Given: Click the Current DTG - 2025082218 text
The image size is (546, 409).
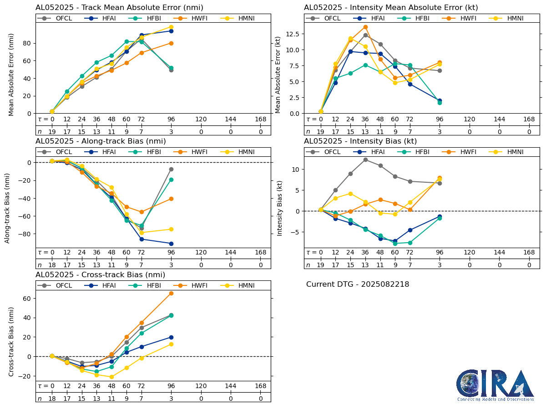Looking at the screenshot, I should pyautogui.click(x=358, y=284).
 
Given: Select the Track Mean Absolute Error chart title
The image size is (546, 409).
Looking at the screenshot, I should pyautogui.click(x=119, y=8).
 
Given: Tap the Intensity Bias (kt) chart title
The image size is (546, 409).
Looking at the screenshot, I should pyautogui.click(x=360, y=141).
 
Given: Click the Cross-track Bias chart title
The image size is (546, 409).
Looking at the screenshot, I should pyautogui.click(x=100, y=275).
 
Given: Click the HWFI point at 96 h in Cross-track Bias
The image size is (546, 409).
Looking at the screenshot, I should pyautogui.click(x=171, y=293).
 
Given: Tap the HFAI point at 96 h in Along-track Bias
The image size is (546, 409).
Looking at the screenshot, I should pyautogui.click(x=171, y=244).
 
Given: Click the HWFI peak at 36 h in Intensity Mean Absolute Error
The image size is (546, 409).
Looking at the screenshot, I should pyautogui.click(x=365, y=27).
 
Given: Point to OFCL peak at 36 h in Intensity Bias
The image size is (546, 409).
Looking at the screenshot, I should pyautogui.click(x=365, y=160).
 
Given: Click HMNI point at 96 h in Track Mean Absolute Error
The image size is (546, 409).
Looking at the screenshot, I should pyautogui.click(x=171, y=27).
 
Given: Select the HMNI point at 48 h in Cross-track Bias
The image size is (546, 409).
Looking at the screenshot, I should pyautogui.click(x=111, y=377).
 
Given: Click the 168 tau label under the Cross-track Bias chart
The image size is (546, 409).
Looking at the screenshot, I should pyautogui.click(x=260, y=386).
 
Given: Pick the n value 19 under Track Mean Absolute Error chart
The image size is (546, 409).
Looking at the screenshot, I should pyautogui.click(x=52, y=132).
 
